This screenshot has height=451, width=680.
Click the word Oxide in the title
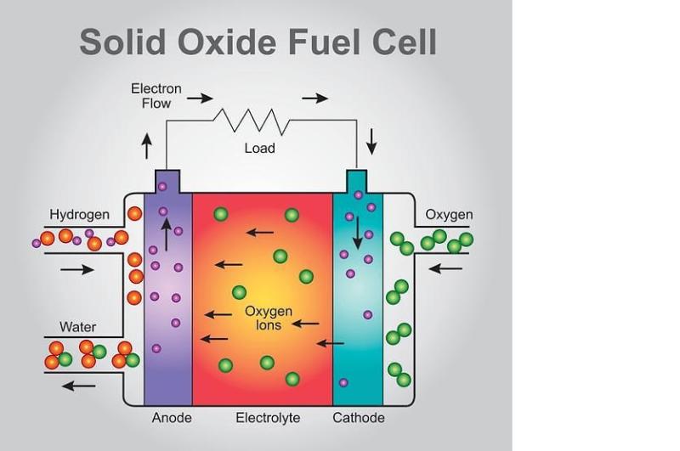pyautogui.click(x=227, y=42)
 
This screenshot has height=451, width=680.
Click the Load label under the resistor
pyautogui.click(x=259, y=148)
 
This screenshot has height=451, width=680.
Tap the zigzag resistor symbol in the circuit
pyautogui.click(x=252, y=121)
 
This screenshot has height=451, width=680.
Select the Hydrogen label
pyautogui.click(x=79, y=215)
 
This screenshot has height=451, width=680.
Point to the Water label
pyautogui.click(x=77, y=327)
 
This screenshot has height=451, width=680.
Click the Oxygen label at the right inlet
pyautogui.click(x=449, y=215)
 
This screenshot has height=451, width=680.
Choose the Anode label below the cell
pyautogui.click(x=172, y=418)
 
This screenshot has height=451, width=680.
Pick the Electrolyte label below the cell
pyautogui.click(x=268, y=418)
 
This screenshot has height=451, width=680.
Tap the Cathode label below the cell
pyautogui.click(x=359, y=418)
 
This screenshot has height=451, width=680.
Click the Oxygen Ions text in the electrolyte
pyautogui.click(x=269, y=318)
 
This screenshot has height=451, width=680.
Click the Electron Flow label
pyautogui.click(x=156, y=96)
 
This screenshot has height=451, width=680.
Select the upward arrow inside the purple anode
pyautogui.click(x=166, y=234)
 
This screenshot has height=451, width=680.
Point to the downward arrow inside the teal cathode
pyautogui.click(x=358, y=233)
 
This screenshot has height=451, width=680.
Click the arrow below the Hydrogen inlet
pyautogui.click(x=77, y=269)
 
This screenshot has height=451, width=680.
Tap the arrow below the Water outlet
pyautogui.click(x=78, y=386)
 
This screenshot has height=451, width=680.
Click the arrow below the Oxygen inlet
pyautogui.click(x=445, y=269)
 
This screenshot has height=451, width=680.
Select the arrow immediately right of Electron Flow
pyautogui.click(x=200, y=99)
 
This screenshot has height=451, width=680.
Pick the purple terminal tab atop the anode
pyautogui.click(x=167, y=182)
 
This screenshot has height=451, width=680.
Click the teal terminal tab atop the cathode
pyautogui.click(x=356, y=182)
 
